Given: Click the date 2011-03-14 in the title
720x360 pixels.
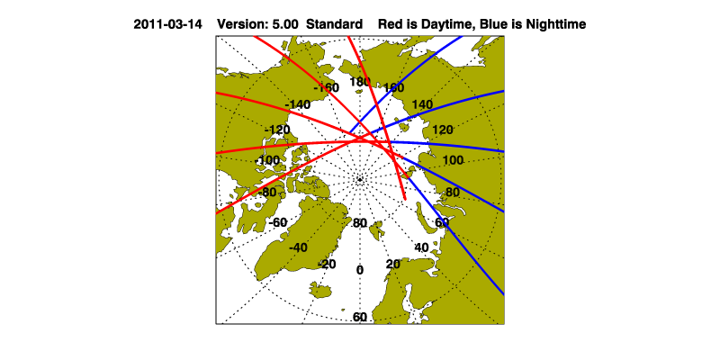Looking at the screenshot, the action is [x=167, y=24].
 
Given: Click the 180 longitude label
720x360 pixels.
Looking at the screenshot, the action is [x=359, y=82].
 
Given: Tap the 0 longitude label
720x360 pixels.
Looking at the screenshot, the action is [x=360, y=270].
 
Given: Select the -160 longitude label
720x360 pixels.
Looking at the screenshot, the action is [x=326, y=87].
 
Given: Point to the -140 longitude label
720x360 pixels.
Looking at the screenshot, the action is [x=298, y=104].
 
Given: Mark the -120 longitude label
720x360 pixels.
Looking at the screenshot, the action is [x=278, y=130].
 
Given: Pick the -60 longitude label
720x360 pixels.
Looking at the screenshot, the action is [x=278, y=222].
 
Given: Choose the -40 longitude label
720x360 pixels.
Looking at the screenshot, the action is [x=299, y=247].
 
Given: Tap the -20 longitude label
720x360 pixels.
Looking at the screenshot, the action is [x=327, y=264].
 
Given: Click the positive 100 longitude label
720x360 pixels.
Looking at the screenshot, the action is [x=454, y=160].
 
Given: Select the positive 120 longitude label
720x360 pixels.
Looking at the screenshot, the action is [x=443, y=130].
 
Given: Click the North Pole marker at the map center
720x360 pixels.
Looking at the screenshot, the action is [x=360, y=179].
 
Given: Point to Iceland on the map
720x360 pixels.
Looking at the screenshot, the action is [x=320, y=290].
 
